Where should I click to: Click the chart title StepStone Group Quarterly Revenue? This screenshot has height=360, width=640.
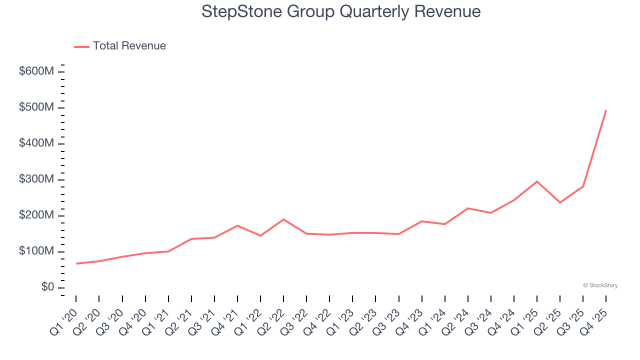pos(341,11)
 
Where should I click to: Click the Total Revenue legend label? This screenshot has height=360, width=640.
pos(129,46)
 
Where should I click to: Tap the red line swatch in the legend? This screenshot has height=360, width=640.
pos(81,46)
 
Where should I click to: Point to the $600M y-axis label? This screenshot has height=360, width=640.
pos(36,71)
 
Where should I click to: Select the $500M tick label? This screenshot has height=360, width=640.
pos(36,107)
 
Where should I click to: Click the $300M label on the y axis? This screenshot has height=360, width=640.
pos(36,179)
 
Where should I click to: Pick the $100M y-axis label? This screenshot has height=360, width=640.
pos(36,251)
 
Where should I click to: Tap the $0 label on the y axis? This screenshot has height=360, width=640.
pos(48,287)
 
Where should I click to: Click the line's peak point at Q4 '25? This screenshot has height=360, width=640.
pos(606,110)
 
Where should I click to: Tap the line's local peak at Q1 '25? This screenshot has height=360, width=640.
pos(537,181)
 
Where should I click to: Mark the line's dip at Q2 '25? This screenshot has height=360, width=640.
pos(560,202)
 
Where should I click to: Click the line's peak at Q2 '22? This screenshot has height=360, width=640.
pos(283,219)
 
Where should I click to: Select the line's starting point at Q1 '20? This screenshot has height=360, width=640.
pos(76,263)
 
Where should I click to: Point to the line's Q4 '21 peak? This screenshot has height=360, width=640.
pos(237,225)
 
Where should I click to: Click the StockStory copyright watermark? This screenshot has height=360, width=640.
pos(600,285)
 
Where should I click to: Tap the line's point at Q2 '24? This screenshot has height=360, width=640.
pos(468,208)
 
